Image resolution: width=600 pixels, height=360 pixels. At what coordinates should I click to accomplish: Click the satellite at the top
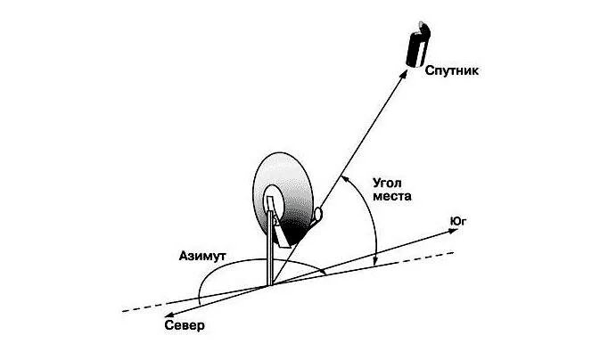[417, 46]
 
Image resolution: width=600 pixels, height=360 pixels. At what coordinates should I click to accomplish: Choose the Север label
[185, 326]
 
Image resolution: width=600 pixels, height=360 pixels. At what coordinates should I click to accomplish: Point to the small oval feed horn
[318, 213]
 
